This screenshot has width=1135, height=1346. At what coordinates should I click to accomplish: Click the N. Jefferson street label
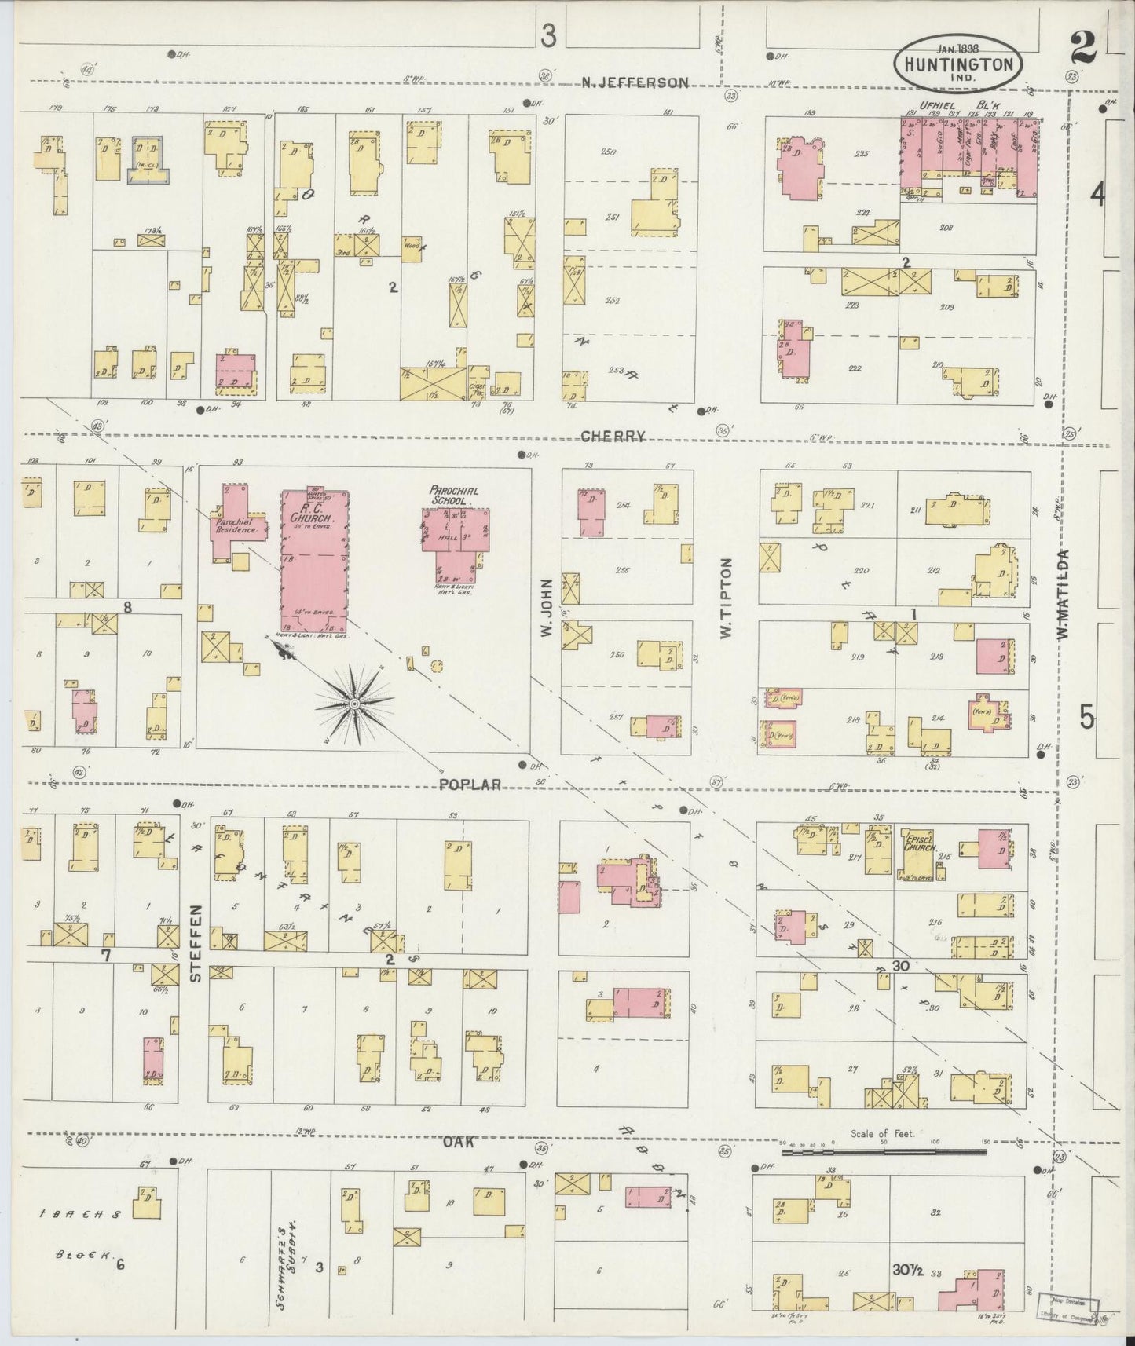[635, 82]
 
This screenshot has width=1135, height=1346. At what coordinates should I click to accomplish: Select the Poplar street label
[470, 784]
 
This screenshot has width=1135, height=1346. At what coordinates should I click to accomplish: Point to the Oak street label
[457, 1142]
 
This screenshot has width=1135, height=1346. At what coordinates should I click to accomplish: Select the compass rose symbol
[356, 703]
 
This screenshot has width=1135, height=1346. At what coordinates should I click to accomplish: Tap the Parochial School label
[453, 495]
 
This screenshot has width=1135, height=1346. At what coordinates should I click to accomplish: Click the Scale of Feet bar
[884, 1151]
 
